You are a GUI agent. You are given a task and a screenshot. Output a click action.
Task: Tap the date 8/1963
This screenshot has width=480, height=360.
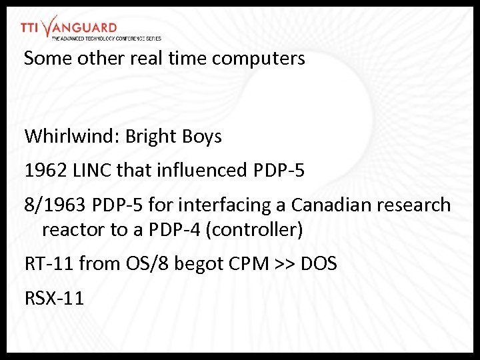(55, 205)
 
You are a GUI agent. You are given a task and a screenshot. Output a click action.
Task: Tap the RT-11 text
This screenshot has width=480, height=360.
(49, 264)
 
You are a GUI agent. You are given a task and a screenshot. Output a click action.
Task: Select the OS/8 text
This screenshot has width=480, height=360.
(147, 264)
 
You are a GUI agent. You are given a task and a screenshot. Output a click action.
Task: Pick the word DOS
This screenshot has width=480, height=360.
(319, 264)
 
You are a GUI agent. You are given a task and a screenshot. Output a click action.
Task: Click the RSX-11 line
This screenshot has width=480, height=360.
(55, 298)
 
